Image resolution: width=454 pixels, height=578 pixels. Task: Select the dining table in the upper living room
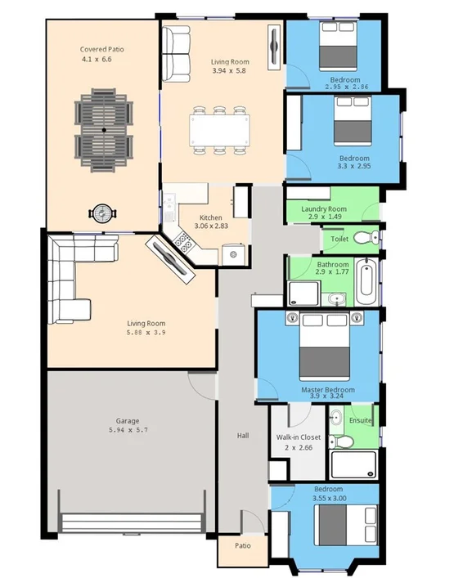point(218,129)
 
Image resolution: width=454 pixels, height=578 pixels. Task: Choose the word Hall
point(243,436)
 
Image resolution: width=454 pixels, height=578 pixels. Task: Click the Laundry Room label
point(324,209)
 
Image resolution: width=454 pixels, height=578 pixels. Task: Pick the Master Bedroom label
point(328,390)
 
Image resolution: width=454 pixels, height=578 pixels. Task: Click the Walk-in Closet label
point(298,438)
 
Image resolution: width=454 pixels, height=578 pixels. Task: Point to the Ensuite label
point(361,420)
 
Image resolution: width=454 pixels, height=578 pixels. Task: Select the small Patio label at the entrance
point(242,545)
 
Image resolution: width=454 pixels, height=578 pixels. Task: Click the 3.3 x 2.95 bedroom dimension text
point(354,166)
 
